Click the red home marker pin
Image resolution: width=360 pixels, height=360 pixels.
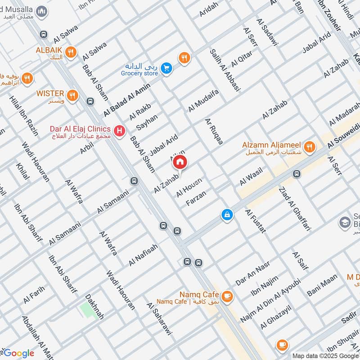tap(180, 162)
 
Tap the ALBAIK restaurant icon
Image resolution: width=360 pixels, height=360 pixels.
tap(70, 53)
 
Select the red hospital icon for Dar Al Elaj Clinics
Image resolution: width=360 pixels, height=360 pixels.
tap(119, 131)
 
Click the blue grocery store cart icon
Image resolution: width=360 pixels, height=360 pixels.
tap(167, 68)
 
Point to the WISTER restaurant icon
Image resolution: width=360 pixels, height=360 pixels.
tap(72, 95)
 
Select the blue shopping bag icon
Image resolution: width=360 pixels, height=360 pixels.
tap(227, 215)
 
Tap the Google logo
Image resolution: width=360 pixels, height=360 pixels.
tap(18, 353)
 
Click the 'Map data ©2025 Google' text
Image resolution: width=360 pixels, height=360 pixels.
tap(325, 355)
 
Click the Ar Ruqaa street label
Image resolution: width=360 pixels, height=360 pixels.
tap(214, 131)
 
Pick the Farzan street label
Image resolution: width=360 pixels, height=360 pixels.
tap(196, 198)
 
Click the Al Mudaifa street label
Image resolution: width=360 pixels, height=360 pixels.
tap(203, 101)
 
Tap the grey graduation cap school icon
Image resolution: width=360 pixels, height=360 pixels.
tap(345, 223)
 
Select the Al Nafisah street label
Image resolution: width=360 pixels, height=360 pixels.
tap(143, 255)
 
